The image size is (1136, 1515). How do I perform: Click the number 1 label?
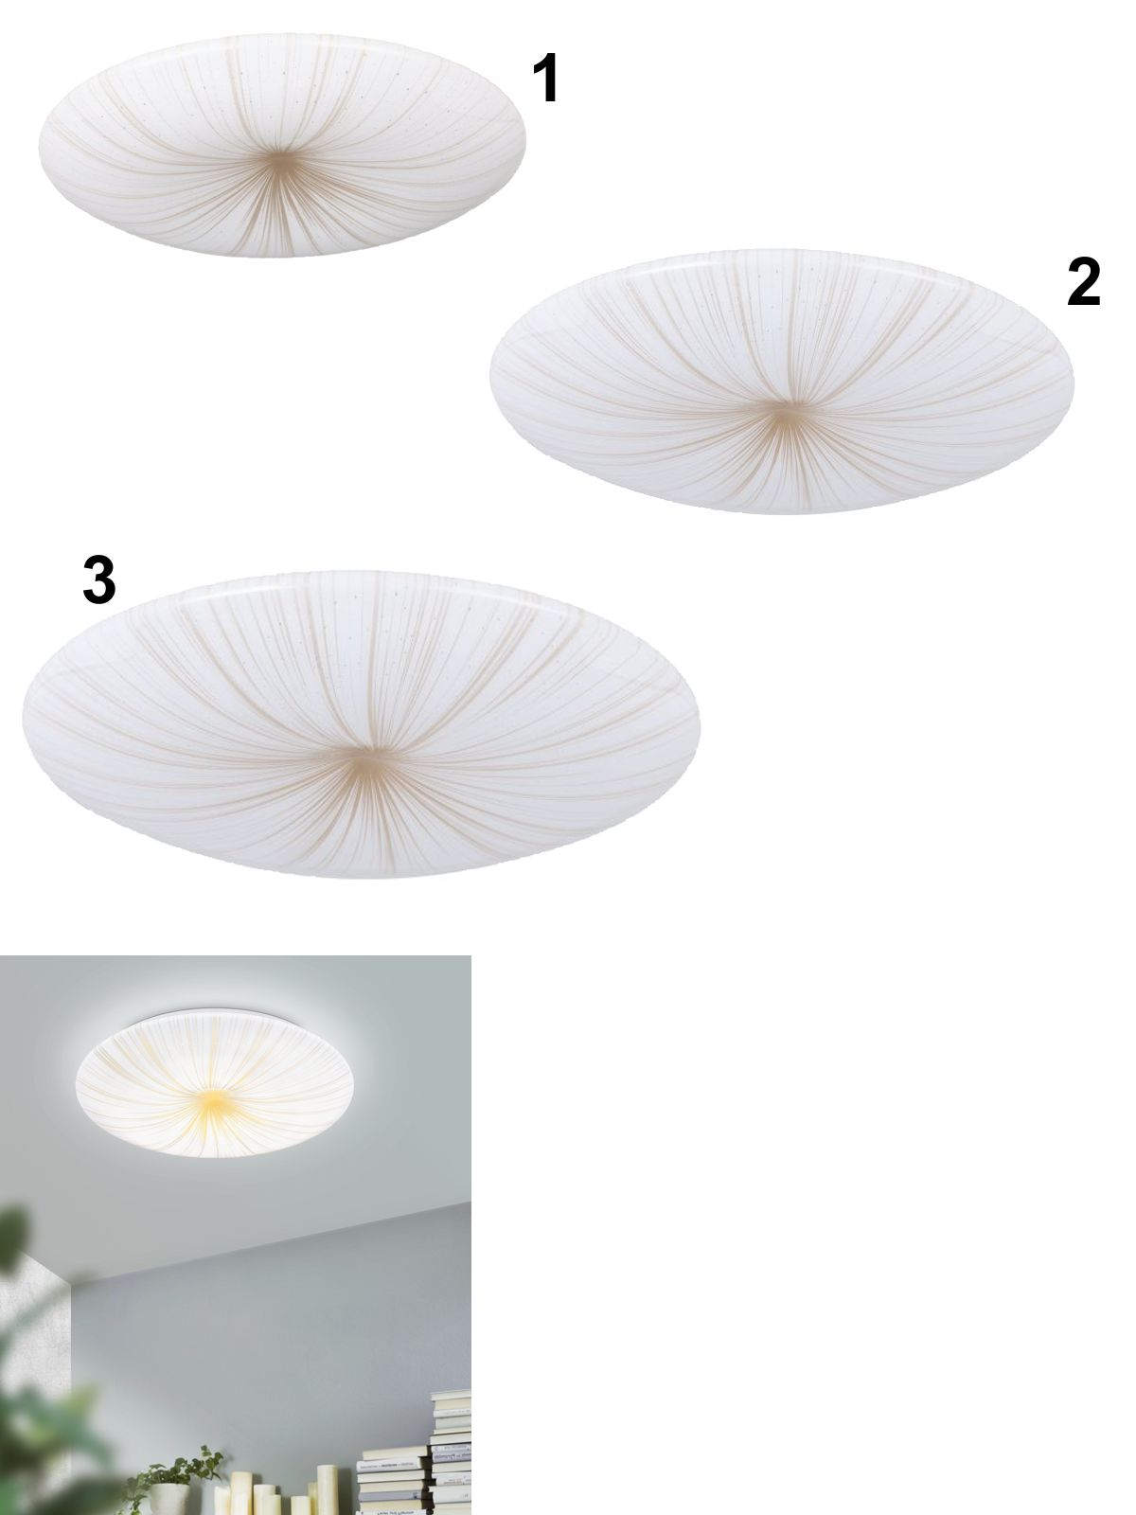pyautogui.click(x=546, y=78)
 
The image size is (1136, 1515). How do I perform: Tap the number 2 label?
pyautogui.click(x=1083, y=281)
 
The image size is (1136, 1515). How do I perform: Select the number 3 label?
pyautogui.click(x=98, y=579)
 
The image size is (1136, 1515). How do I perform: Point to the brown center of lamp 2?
pyautogui.click(x=784, y=414)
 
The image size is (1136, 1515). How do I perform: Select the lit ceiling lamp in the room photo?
pyautogui.click(x=215, y=1083)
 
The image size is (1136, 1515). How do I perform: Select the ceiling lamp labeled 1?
pyautogui.click(x=281, y=145)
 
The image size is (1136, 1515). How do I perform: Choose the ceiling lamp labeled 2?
pyautogui.click(x=782, y=382)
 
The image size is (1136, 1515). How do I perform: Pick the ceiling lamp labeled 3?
pyautogui.click(x=361, y=723)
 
